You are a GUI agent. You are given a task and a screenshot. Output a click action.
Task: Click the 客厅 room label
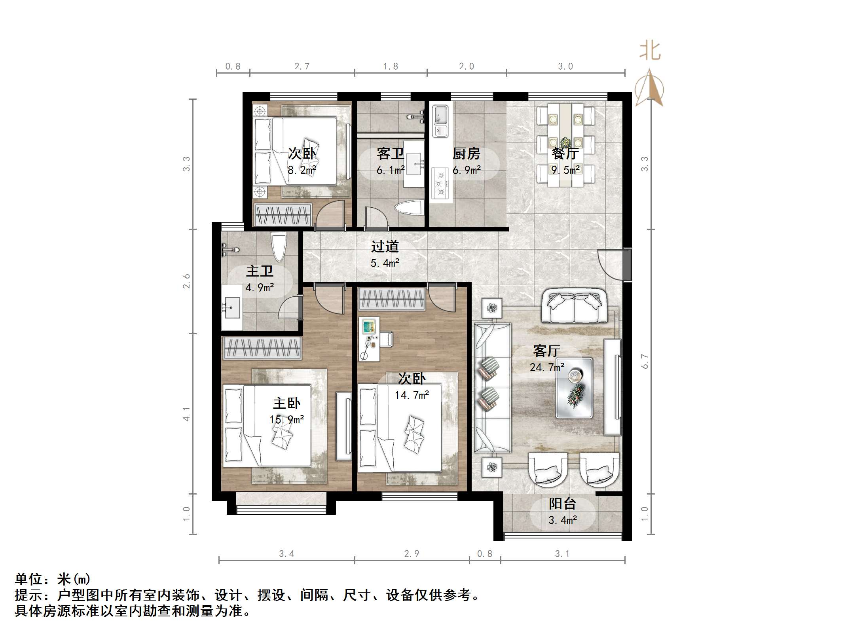tap(546, 351)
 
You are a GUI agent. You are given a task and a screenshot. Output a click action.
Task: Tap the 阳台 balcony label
tap(562, 504)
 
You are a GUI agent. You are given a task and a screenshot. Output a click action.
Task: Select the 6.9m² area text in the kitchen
tap(467, 170)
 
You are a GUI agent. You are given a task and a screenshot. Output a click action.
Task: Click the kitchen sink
tap(440, 121)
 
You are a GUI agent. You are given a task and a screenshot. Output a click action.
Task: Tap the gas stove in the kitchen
tap(440, 183)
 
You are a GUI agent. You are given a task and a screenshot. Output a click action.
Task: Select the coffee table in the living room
tap(574, 388)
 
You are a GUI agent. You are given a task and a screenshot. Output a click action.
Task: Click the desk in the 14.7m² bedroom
tap(369, 339)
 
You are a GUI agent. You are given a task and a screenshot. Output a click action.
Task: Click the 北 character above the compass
tap(650, 51)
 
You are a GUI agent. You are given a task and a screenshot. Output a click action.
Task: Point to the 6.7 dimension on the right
tap(645, 361)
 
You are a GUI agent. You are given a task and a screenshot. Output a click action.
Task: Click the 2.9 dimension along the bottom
tap(412, 553)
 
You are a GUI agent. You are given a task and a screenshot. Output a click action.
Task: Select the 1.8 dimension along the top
tap(391, 66)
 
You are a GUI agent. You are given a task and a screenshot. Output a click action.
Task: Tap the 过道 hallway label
tap(385, 247)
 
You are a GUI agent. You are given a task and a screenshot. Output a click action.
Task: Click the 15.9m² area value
tap(286, 419)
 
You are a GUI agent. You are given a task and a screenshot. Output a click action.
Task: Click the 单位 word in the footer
tap(28, 580)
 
